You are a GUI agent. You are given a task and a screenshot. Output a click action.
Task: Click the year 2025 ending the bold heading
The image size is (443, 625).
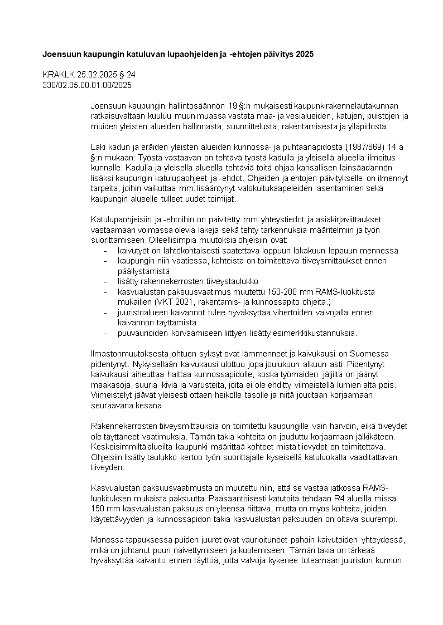[x=304, y=55]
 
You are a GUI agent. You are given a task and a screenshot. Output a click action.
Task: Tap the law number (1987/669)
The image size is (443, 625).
[x=351, y=147]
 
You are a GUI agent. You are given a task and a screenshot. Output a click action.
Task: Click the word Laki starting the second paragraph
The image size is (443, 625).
[x=99, y=147]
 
